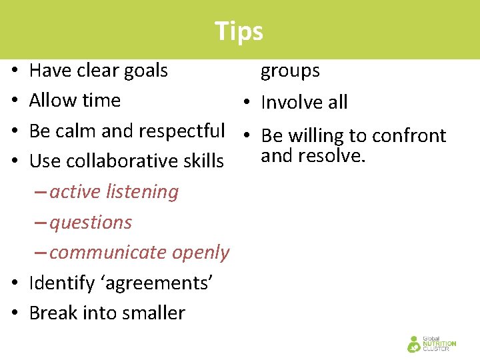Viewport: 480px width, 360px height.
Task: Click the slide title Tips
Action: coord(239,31)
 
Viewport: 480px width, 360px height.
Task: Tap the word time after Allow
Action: coord(103,101)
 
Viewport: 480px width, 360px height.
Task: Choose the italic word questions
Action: coord(91,223)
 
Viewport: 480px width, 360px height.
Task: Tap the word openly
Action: coord(200,253)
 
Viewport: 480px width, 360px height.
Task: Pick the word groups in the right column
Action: coord(290,71)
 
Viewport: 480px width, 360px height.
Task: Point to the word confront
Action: coord(409,136)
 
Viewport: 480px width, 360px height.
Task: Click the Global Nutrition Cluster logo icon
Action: coord(415,344)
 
